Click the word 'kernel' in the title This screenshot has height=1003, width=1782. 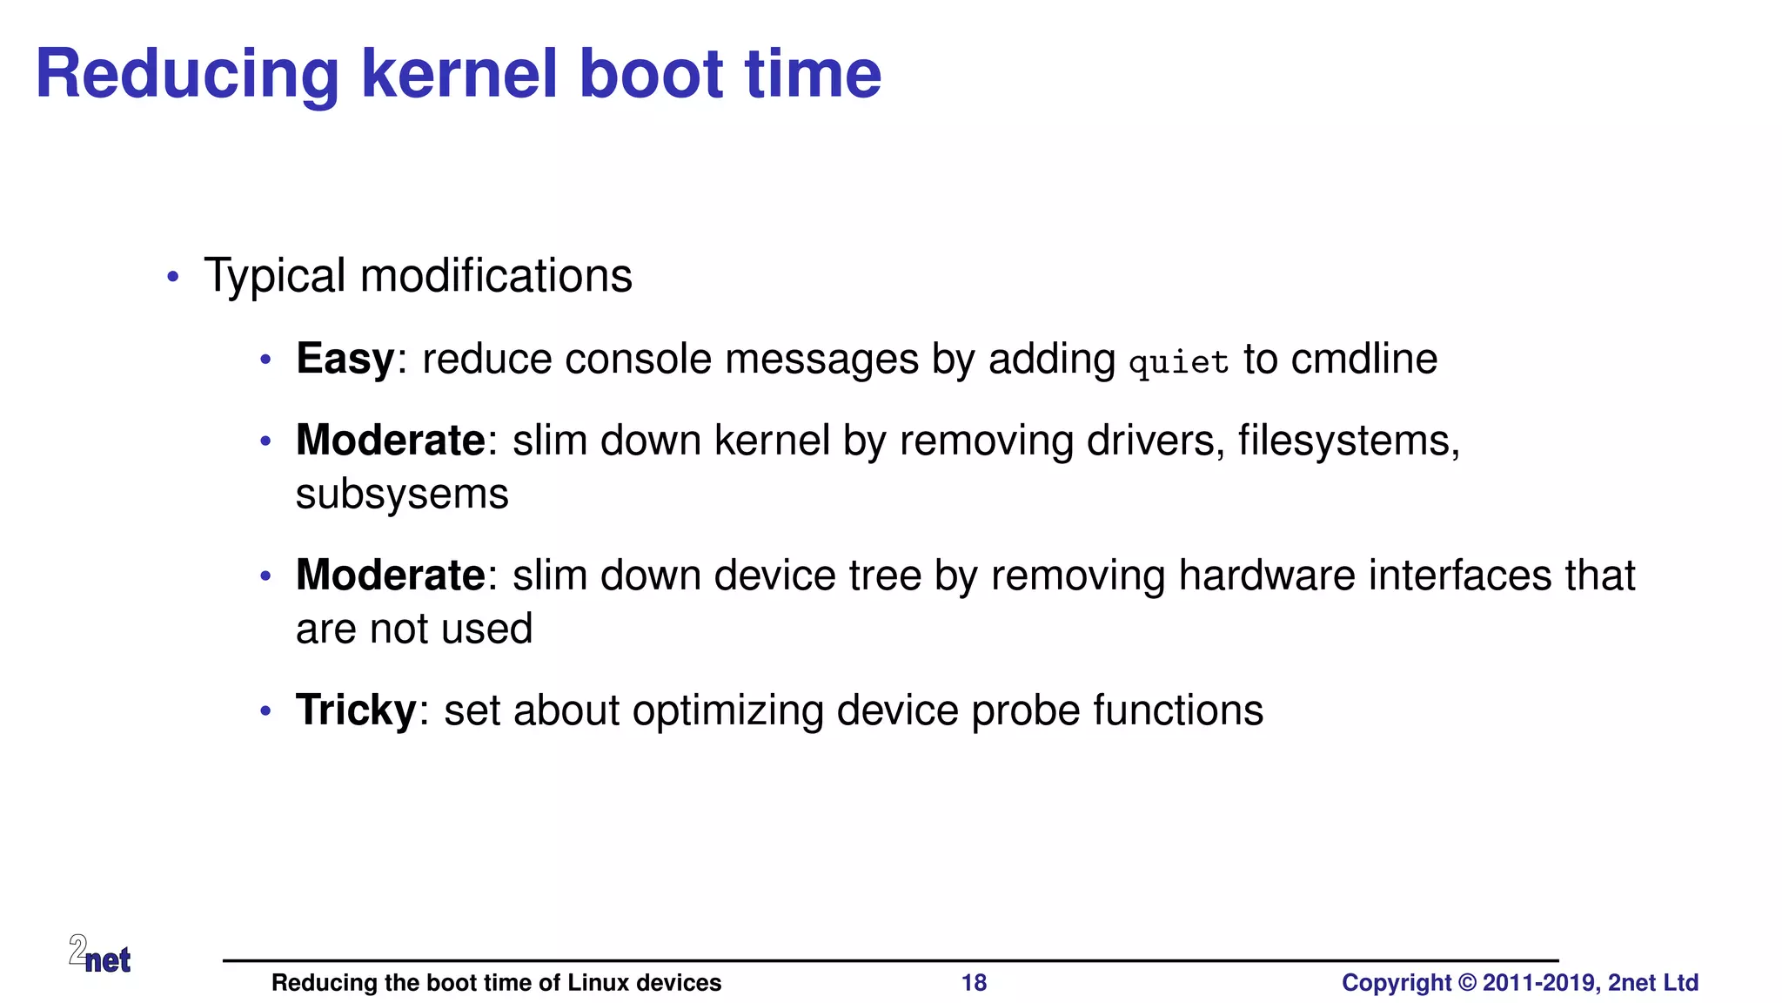click(x=459, y=74)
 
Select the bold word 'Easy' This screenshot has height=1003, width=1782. click(x=345, y=360)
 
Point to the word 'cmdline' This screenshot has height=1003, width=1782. click(x=1363, y=359)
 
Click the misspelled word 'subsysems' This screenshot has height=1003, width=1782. click(x=402, y=495)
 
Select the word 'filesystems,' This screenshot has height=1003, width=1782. click(x=1349, y=441)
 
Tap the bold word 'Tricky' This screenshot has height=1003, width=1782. click(x=356, y=710)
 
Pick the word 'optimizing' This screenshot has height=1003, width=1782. click(x=727, y=710)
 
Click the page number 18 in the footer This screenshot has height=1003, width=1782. click(x=974, y=983)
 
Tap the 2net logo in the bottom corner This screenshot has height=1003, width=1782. click(x=100, y=954)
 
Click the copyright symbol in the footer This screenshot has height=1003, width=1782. click(x=1467, y=983)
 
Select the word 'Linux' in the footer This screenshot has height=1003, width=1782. click(x=598, y=983)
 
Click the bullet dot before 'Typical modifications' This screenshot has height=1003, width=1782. click(x=173, y=277)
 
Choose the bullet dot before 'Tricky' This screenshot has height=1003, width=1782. click(x=266, y=711)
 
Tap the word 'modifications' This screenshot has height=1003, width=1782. click(x=496, y=276)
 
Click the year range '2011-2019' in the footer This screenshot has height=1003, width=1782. click(x=1541, y=983)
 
